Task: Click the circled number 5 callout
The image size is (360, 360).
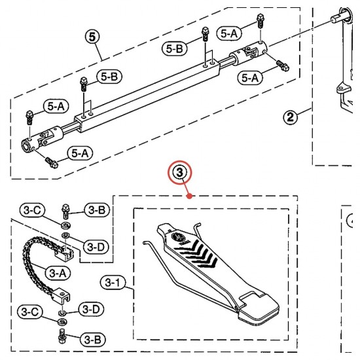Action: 92,37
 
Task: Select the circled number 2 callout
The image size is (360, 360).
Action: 290,117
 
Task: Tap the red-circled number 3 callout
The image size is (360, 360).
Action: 179,172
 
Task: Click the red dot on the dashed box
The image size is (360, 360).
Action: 190,196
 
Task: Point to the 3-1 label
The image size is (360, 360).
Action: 113,282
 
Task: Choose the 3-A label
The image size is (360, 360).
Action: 58,273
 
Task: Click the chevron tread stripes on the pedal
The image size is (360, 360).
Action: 196,254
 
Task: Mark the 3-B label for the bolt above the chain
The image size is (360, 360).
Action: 97,209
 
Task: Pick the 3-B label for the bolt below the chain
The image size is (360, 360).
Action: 92,340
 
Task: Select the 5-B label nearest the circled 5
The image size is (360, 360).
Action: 109,77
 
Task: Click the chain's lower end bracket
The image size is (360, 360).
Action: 62,296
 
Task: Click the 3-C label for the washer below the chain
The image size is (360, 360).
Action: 30,312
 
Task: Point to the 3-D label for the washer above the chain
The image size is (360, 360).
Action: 96,247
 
